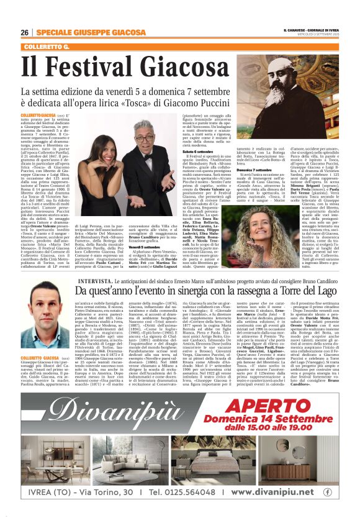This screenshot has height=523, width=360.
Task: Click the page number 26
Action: tap(24, 32)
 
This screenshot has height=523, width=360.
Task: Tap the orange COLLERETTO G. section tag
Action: tap(47, 47)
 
